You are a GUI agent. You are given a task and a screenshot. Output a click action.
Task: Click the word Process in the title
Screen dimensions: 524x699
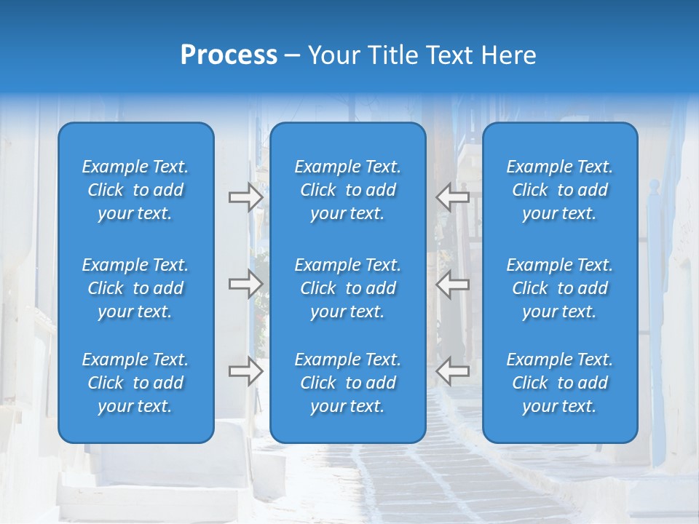(229, 55)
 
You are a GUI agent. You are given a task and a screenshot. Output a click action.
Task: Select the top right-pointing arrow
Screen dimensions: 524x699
(245, 197)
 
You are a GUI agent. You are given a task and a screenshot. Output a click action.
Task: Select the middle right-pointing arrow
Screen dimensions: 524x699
(245, 284)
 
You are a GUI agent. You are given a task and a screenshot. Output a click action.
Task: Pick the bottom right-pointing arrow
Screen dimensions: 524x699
(245, 371)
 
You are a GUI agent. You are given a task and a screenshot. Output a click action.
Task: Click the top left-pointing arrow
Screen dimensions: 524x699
(452, 197)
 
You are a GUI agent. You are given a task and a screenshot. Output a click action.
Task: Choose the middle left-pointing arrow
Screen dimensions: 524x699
(452, 284)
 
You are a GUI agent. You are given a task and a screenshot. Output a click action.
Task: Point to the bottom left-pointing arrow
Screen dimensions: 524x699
(452, 371)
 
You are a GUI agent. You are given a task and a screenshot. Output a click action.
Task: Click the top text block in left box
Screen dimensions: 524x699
(135, 190)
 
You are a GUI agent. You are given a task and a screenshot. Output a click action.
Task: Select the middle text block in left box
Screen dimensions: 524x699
(135, 288)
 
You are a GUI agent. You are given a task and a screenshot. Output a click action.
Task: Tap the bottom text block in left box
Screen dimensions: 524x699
(135, 383)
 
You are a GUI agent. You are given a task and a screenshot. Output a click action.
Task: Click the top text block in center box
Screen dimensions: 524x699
(348, 190)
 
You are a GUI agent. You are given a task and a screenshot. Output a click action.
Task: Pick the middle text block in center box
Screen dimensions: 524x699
(348, 288)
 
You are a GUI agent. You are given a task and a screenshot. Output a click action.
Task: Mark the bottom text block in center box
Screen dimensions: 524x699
(348, 383)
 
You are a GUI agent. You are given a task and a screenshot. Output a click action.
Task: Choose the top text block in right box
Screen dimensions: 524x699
(560, 190)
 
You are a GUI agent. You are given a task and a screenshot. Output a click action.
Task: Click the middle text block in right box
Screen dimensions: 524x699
(560, 288)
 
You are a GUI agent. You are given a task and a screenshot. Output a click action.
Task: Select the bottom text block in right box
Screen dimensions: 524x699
(560, 383)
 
